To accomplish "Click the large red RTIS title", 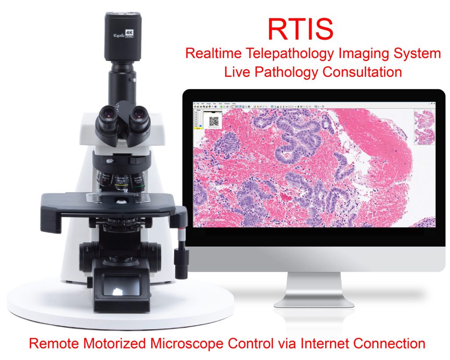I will (300, 29).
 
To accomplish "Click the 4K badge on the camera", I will (129, 33).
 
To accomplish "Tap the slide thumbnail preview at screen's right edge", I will (424, 127).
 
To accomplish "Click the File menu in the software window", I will (198, 103).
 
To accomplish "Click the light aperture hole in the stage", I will (120, 200).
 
